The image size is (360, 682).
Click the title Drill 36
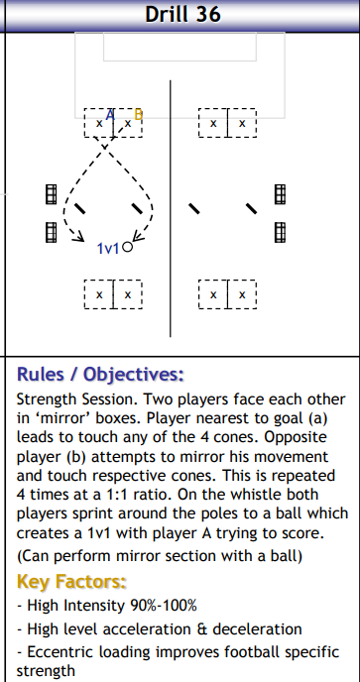point(182,14)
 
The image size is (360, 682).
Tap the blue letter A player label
point(110,115)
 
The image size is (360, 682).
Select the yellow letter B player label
point(139,114)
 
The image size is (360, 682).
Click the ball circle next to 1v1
point(127,247)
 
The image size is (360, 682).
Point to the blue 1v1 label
point(107,249)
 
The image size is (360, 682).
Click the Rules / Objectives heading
point(100,374)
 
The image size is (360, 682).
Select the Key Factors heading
point(71,582)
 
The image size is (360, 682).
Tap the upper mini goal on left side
point(52,194)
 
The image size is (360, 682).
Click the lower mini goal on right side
point(280,232)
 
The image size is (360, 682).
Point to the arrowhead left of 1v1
point(78,237)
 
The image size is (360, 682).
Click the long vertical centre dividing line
point(171,208)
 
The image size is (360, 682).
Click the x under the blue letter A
point(99,124)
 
